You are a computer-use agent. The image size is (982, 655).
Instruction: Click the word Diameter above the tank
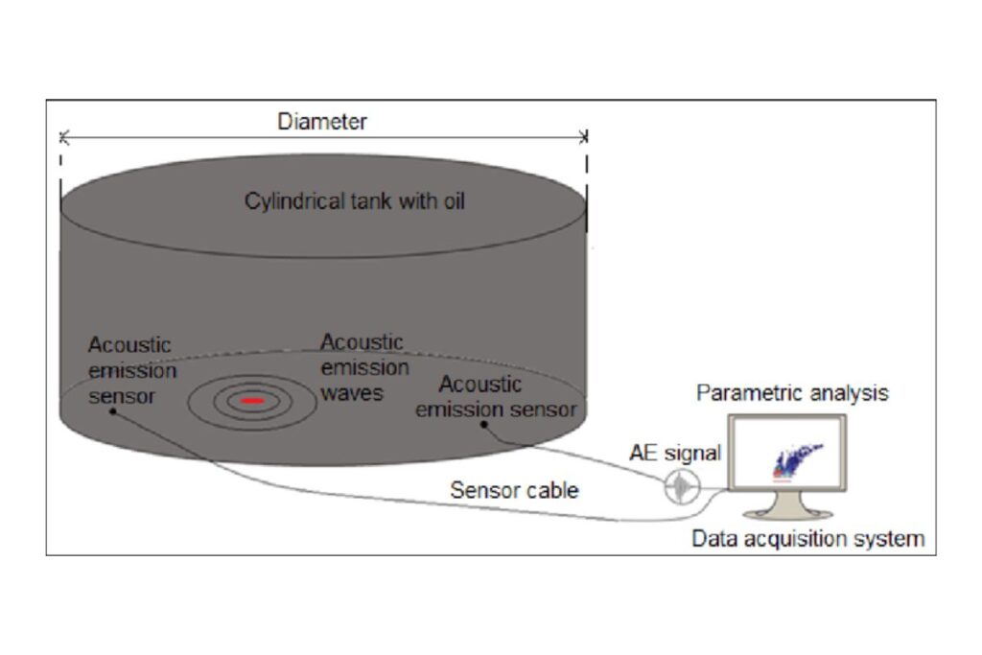pyautogui.click(x=322, y=122)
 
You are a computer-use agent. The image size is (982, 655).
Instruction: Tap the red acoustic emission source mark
pyautogui.click(x=251, y=400)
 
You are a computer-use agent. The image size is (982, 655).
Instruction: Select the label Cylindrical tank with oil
pyautogui.click(x=355, y=202)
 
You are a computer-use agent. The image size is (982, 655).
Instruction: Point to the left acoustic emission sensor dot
pyautogui.click(x=112, y=411)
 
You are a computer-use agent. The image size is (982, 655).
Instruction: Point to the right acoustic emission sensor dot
pyautogui.click(x=484, y=423)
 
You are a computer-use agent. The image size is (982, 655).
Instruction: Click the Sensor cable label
pyautogui.click(x=514, y=490)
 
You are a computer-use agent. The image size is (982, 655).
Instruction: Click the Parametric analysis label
pyautogui.click(x=792, y=392)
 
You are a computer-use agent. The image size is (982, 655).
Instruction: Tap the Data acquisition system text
pyautogui.click(x=807, y=538)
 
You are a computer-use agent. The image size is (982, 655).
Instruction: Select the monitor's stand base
pyautogui.click(x=787, y=510)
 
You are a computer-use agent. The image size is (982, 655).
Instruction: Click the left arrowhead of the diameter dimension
pyautogui.click(x=63, y=137)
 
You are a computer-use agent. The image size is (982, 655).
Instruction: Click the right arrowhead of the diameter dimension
pyautogui.click(x=585, y=137)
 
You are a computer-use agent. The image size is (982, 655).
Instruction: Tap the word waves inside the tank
pyautogui.click(x=352, y=391)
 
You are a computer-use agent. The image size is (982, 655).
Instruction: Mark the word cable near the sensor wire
pyautogui.click(x=550, y=490)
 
